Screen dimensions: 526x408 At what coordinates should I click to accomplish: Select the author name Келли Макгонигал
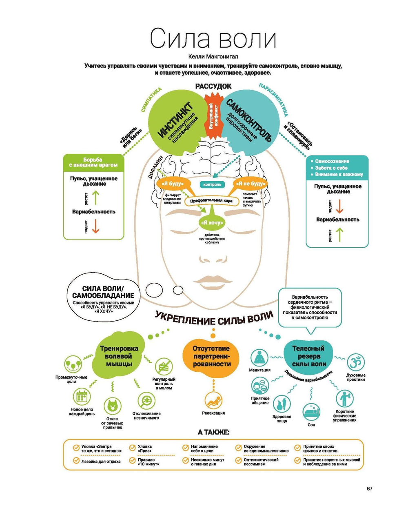(x=213, y=57)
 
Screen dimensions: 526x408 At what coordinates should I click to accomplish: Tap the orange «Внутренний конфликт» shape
(x=213, y=116)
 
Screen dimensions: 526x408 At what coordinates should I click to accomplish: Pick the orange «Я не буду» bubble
(x=251, y=184)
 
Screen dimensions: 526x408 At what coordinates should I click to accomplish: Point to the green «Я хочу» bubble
(x=212, y=222)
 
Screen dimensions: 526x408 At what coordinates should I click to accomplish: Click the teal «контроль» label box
(x=212, y=184)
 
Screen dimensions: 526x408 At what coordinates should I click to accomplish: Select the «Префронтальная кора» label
(x=211, y=200)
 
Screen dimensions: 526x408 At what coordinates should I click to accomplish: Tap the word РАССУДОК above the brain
(x=213, y=86)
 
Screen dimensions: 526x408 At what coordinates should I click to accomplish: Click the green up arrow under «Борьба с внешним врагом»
(x=95, y=198)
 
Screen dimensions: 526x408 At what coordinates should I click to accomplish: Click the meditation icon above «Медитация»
(x=259, y=358)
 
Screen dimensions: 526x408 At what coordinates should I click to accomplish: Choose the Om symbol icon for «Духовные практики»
(x=355, y=362)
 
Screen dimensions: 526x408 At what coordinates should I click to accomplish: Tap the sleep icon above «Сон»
(x=311, y=412)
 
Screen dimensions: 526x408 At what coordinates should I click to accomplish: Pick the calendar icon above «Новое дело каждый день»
(x=82, y=396)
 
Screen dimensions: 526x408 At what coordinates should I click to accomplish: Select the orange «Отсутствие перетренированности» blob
(x=211, y=356)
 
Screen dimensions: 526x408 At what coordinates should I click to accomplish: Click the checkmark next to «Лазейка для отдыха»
(x=76, y=461)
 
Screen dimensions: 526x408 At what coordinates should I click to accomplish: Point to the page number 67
(x=369, y=488)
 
